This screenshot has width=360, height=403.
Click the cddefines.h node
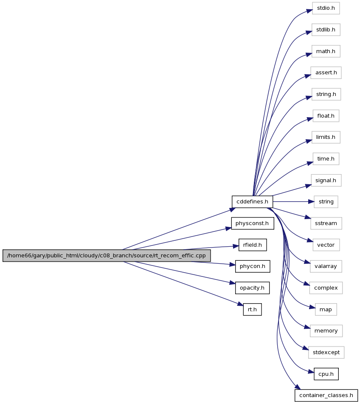pyautogui.click(x=252, y=202)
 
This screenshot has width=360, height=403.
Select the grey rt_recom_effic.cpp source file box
pyautogui.click(x=107, y=256)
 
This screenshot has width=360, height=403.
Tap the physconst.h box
pyautogui.click(x=252, y=223)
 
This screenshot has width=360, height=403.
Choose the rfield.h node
pyautogui.click(x=253, y=245)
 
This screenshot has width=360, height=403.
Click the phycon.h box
pyautogui.click(x=253, y=266)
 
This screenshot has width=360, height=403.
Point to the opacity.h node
pyautogui.click(x=252, y=288)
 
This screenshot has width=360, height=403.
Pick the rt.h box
pyautogui.click(x=252, y=310)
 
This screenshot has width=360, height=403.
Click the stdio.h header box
pyautogui.click(x=326, y=8)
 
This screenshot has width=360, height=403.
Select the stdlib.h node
pyautogui.click(x=326, y=30)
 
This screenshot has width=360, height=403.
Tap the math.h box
pyautogui.click(x=326, y=51)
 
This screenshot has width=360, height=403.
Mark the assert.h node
pyautogui.click(x=326, y=73)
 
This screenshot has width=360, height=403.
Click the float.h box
pyautogui.click(x=326, y=116)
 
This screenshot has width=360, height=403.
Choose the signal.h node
pyautogui.click(x=326, y=180)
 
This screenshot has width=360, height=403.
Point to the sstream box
pyautogui.click(x=326, y=223)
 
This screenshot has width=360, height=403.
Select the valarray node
pyautogui.click(x=326, y=266)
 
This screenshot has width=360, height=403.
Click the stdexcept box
pyautogui.click(x=326, y=352)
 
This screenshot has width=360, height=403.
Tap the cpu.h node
pyautogui.click(x=326, y=374)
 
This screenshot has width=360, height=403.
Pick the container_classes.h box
pyautogui.click(x=326, y=395)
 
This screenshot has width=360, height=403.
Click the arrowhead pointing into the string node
pyautogui.click(x=311, y=202)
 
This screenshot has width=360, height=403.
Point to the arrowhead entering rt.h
pyautogui.click(x=240, y=305)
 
